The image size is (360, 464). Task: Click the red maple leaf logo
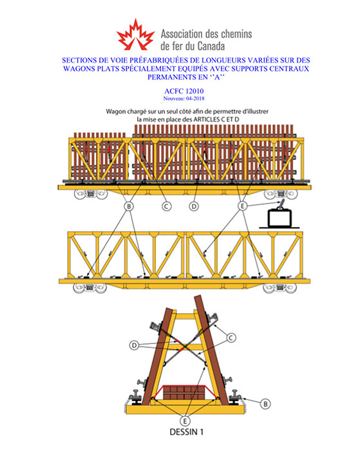[x=135, y=35]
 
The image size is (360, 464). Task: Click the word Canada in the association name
[x=211, y=46]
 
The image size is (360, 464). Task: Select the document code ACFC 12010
[x=184, y=91]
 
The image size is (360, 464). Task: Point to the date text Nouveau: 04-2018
[x=184, y=99]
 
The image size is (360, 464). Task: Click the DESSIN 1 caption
[x=186, y=432]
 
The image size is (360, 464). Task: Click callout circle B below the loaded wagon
[x=129, y=206]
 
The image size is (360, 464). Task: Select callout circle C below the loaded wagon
[x=167, y=206]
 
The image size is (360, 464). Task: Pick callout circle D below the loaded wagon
[x=194, y=206]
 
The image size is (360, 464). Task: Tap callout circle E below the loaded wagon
[x=243, y=206]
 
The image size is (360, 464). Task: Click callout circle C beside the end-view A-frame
[x=231, y=338]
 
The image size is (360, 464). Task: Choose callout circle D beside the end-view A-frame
[x=135, y=345]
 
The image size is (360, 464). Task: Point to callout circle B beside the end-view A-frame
[x=265, y=404]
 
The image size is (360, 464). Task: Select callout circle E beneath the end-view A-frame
[x=185, y=420]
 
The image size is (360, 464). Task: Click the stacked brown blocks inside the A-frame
[x=184, y=392]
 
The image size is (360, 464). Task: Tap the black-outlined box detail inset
[x=279, y=218]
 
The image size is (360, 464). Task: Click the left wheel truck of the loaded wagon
[x=90, y=195]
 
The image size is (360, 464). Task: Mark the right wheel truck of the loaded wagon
[x=281, y=195]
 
